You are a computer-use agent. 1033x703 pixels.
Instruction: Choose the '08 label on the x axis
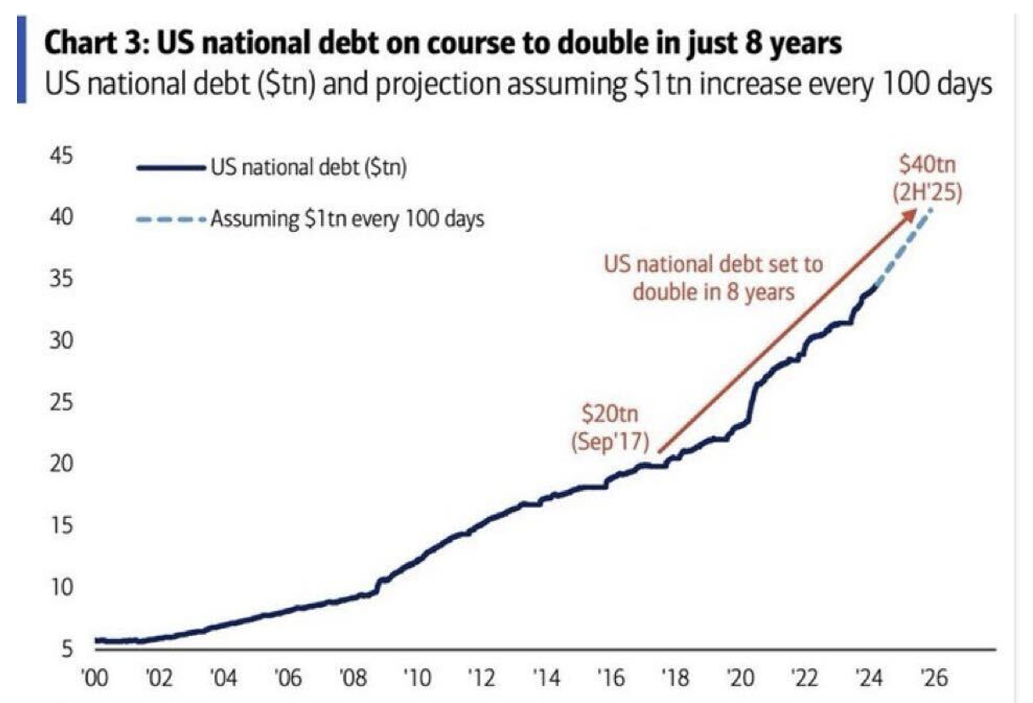[352, 680]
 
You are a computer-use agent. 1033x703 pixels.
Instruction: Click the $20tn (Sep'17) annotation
[610, 426]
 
